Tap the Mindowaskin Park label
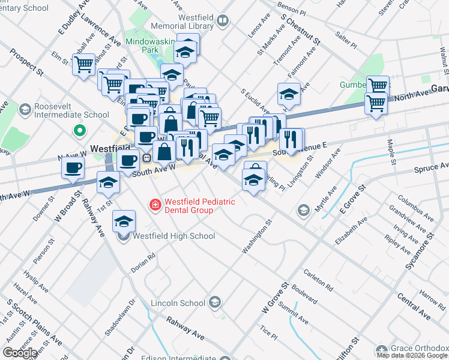[x=150, y=47]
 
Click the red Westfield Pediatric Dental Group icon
[x=155, y=205]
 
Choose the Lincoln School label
[x=178, y=302]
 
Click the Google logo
[x=20, y=353]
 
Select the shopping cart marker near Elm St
[x=83, y=64]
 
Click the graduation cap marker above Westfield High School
[x=124, y=223]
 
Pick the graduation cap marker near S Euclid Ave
[x=289, y=94]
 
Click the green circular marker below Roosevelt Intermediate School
[x=78, y=130]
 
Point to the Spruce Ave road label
[x=430, y=168]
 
